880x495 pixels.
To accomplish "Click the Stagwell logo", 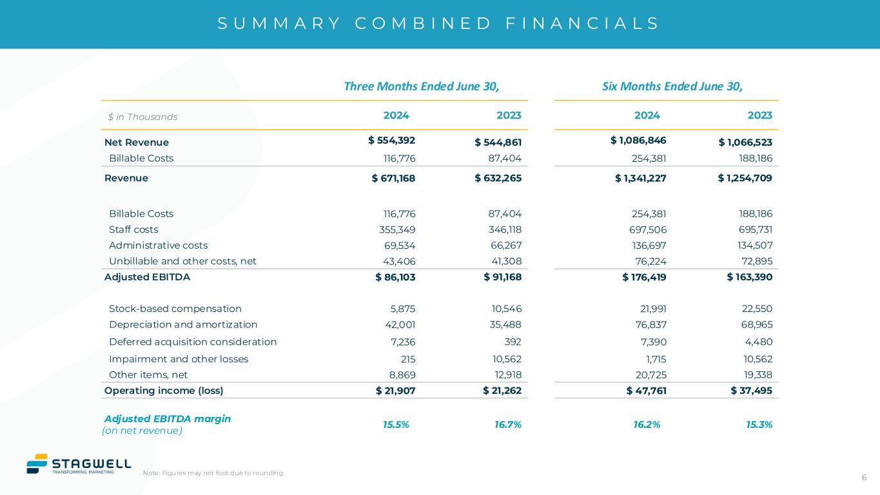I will [x=78, y=464].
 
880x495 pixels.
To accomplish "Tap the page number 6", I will [x=864, y=478].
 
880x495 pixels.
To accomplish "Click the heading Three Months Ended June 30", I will [x=422, y=86].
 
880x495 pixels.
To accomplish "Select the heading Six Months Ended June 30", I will [x=669, y=86].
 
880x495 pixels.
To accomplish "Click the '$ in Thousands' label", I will [x=143, y=117].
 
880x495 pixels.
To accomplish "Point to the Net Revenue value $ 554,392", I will [x=391, y=141].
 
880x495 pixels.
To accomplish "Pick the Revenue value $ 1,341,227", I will [x=640, y=178].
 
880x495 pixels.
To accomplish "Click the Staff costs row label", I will [x=133, y=229].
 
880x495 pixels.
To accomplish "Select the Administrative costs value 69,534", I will [x=400, y=245].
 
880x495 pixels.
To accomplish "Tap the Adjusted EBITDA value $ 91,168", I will [x=502, y=277].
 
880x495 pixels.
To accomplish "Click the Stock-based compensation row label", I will [x=175, y=309].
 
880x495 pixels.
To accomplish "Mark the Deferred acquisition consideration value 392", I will [x=513, y=342].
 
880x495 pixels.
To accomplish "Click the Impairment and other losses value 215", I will [x=407, y=359].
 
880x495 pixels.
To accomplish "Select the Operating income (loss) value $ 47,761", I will [x=646, y=390].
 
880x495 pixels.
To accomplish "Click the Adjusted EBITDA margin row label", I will [x=168, y=419].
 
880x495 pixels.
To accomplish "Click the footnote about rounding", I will [x=213, y=473].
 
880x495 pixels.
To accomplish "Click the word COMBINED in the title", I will [x=424, y=24].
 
